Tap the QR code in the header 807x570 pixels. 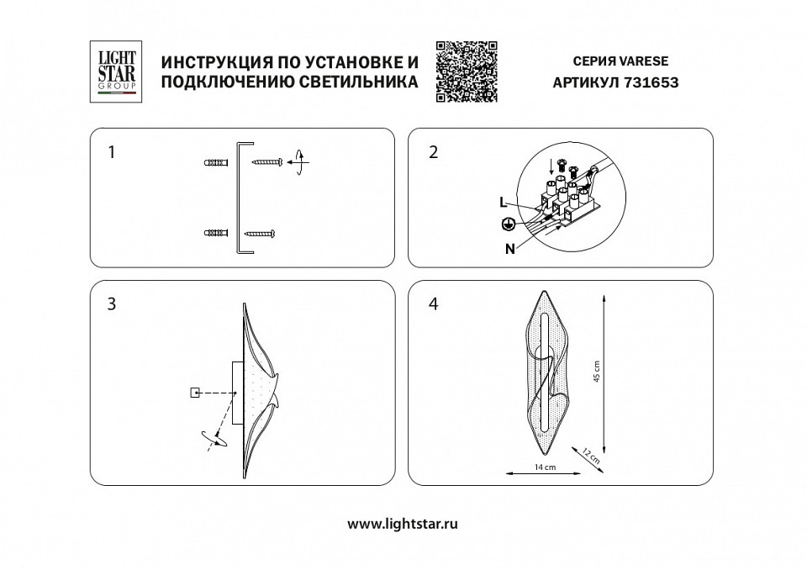tap(467, 71)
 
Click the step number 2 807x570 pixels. tap(433, 152)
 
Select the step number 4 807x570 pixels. tap(433, 304)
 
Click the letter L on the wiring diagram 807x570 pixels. tap(503, 203)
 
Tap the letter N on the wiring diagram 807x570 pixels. tap(510, 248)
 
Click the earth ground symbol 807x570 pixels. tap(507, 224)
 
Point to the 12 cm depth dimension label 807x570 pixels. tap(590, 457)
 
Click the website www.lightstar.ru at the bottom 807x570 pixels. tap(403, 523)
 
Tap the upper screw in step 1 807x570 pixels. tap(268, 161)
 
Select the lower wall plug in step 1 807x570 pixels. tap(215, 232)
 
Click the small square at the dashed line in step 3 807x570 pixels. tap(195, 392)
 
